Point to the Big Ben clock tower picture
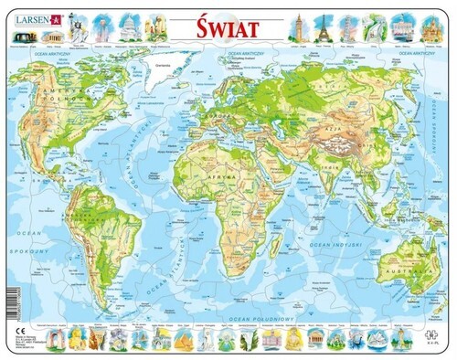point(300,25)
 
